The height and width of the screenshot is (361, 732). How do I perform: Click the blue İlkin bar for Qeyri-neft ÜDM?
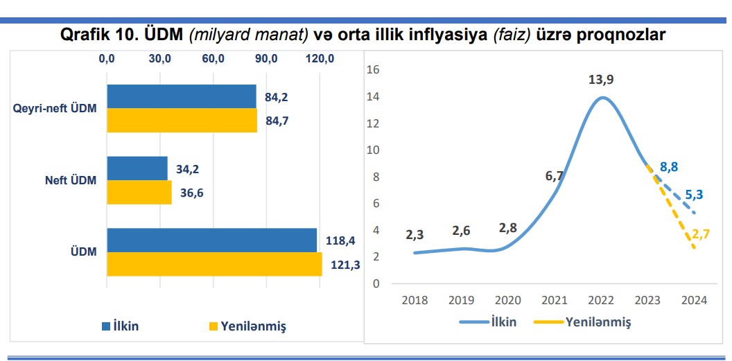click(x=181, y=97)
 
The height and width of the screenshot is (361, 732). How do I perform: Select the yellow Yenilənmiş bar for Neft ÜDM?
click(x=139, y=193)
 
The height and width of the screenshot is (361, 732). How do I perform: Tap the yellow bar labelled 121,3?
click(x=214, y=264)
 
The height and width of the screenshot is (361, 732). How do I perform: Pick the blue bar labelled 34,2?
click(x=137, y=168)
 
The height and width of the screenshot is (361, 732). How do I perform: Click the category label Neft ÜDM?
click(x=66, y=181)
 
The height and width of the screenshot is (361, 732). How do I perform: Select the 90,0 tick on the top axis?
click(x=267, y=59)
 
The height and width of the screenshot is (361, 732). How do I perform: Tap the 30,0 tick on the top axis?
click(x=160, y=59)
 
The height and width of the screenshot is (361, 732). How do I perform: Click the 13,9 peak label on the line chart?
click(x=601, y=80)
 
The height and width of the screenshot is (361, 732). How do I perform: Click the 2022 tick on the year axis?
click(x=601, y=301)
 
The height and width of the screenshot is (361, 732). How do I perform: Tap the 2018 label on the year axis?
click(x=415, y=301)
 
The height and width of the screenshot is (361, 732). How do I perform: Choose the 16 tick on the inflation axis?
click(x=374, y=69)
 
